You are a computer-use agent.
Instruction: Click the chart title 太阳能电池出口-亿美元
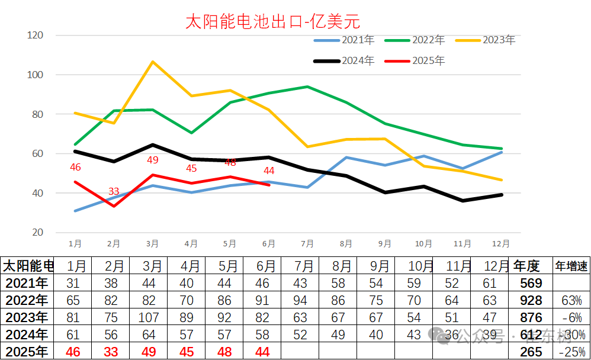pos(273,22)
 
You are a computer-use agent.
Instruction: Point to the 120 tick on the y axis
pos(36,36)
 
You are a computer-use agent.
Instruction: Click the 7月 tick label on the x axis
pos(307,243)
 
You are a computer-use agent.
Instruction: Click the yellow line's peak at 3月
pos(153,62)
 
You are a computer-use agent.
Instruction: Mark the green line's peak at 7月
pos(307,86)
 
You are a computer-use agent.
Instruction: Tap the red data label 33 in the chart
pos(114,191)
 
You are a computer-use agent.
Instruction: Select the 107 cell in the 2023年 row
pos(149,317)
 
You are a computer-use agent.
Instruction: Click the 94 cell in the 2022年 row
pos(300,300)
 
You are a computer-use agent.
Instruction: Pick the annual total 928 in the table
pos(531,300)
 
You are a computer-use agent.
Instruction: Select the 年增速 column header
pos(571,265)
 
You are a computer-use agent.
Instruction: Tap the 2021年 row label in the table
pos(25,283)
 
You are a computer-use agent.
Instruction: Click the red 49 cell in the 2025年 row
pos(149,352)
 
